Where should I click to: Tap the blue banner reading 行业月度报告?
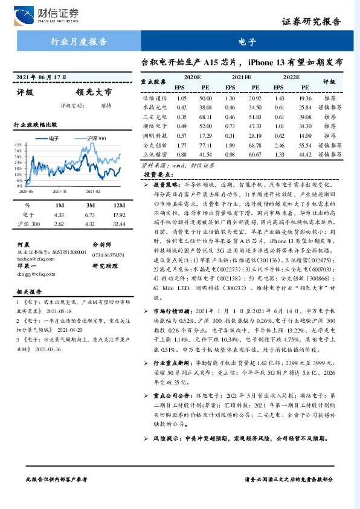(78, 42)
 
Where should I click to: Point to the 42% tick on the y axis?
(18, 146)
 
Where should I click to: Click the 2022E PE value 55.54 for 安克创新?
(305, 146)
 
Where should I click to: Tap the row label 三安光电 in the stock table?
(153, 117)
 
